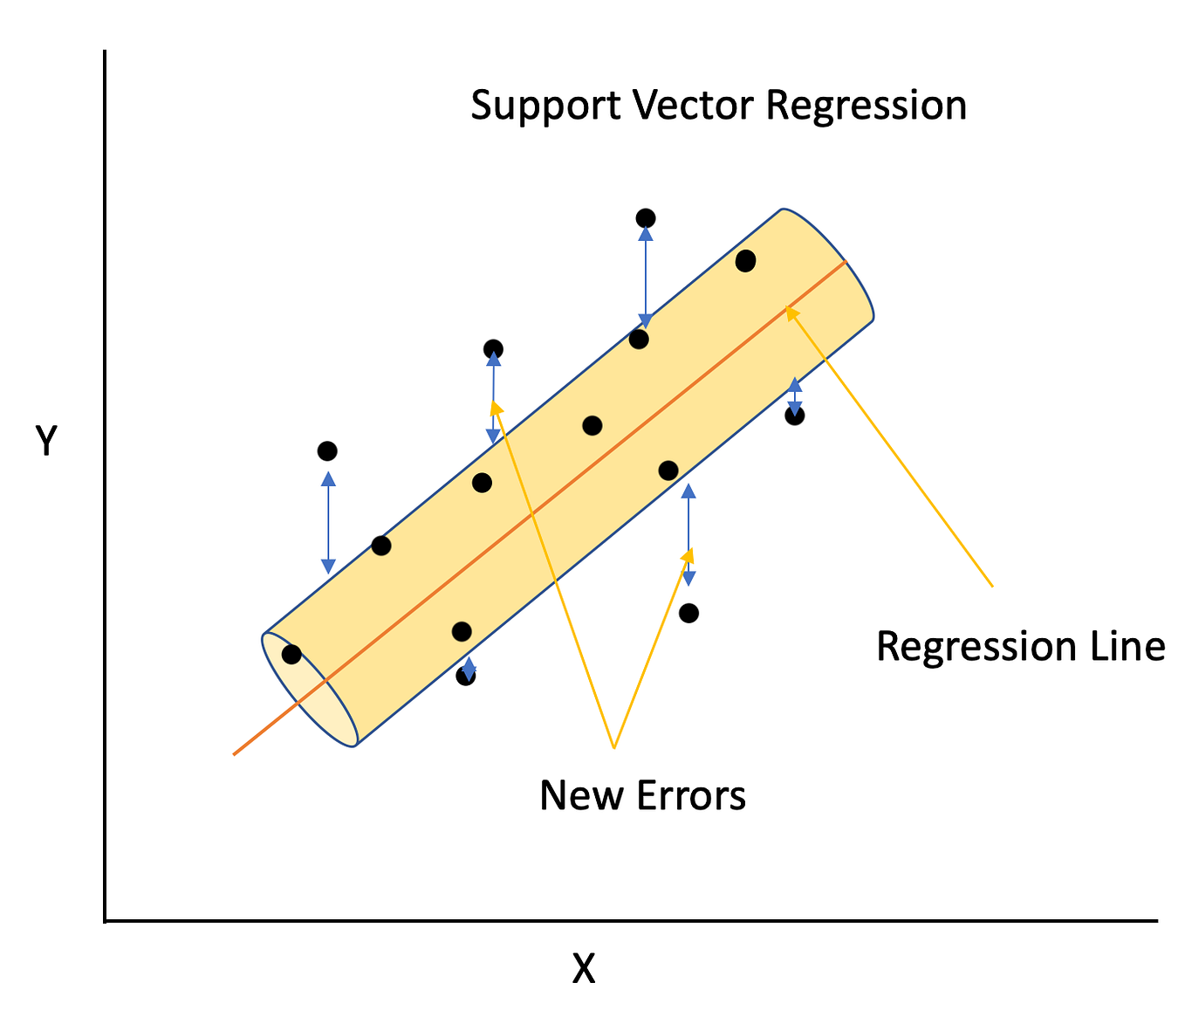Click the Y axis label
click(45, 442)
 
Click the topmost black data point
click(646, 218)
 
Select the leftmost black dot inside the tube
click(291, 654)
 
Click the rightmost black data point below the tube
click(794, 416)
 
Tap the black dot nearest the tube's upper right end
click(745, 260)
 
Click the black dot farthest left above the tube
click(327, 451)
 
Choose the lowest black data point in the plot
click(466, 676)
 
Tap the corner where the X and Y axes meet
click(105, 920)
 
